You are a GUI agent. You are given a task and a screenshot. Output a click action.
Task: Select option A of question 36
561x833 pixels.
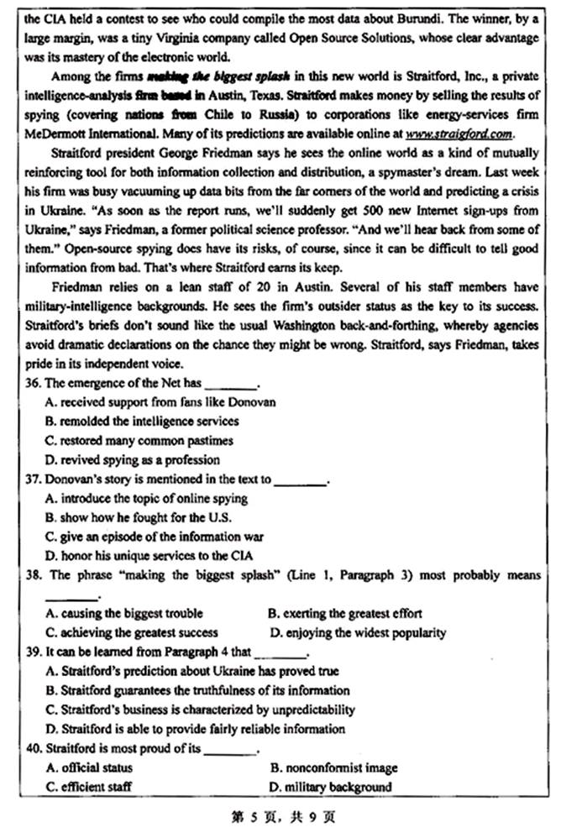click(x=160, y=403)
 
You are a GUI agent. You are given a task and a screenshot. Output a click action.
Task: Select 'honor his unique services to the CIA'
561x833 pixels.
click(x=149, y=556)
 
